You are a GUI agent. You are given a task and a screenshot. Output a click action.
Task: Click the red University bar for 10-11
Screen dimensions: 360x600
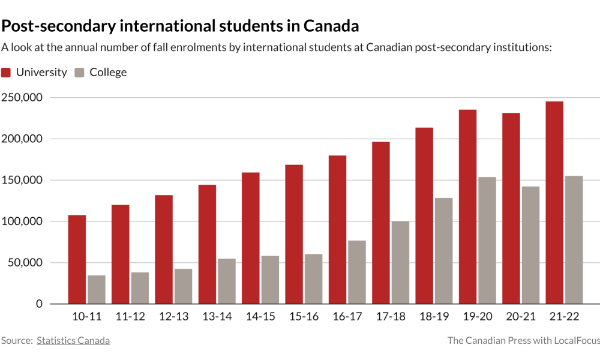pyautogui.click(x=77, y=259)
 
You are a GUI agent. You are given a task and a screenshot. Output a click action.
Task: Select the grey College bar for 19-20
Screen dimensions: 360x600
pyautogui.click(x=487, y=240)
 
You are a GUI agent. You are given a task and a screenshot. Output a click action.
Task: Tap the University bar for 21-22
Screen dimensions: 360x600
pyautogui.click(x=554, y=202)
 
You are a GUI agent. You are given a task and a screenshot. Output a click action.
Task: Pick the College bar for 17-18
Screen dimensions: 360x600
pyautogui.click(x=400, y=262)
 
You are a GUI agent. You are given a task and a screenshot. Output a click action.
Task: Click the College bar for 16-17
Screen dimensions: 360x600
pyautogui.click(x=357, y=272)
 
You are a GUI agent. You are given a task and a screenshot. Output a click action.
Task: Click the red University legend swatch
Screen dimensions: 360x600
pyautogui.click(x=6, y=73)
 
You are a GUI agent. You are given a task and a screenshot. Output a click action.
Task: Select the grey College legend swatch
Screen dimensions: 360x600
pyautogui.click(x=79, y=73)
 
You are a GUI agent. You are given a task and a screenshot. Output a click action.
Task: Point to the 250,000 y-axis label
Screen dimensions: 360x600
pyautogui.click(x=22, y=98)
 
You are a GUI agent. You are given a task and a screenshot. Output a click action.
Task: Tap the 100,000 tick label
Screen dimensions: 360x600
pyautogui.click(x=22, y=221)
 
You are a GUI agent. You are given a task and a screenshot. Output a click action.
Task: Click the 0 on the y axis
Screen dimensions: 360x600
pyautogui.click(x=40, y=304)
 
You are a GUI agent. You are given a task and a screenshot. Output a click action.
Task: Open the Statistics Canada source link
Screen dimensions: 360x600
pyautogui.click(x=73, y=341)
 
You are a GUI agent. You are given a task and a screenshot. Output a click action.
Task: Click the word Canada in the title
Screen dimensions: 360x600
pyautogui.click(x=331, y=26)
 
